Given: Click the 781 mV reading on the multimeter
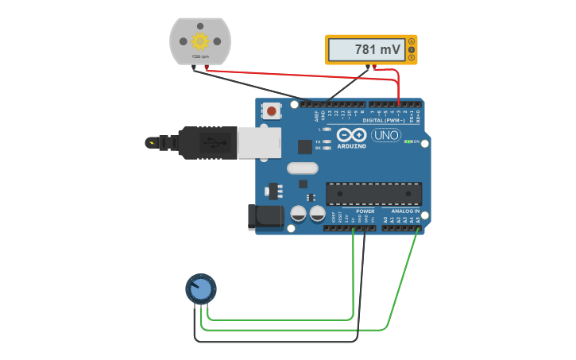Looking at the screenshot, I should pyautogui.click(x=377, y=50).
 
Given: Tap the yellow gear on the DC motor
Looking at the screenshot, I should pyautogui.click(x=199, y=41).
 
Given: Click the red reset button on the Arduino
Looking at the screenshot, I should pyautogui.click(x=272, y=111).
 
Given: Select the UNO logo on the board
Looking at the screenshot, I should pyautogui.click(x=385, y=135).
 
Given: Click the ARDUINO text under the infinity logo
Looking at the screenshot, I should pyautogui.click(x=351, y=146).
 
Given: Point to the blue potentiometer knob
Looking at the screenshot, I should pyautogui.click(x=201, y=288).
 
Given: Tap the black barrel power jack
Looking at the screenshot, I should pyautogui.click(x=264, y=216).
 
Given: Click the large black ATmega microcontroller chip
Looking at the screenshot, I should pyautogui.click(x=373, y=193).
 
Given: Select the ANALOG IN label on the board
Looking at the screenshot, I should pyautogui.click(x=404, y=211).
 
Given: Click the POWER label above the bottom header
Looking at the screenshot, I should pyautogui.click(x=365, y=211).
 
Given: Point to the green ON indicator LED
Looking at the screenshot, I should pyautogui.click(x=408, y=141).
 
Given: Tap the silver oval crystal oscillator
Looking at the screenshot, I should pyautogui.click(x=302, y=168).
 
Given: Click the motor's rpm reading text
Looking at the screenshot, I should pyautogui.click(x=199, y=56).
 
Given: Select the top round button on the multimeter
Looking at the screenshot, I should pyautogui.click(x=412, y=42).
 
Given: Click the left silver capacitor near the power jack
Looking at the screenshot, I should pyautogui.click(x=298, y=213).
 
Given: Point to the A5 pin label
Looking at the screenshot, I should pyautogui.click(x=418, y=219).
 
